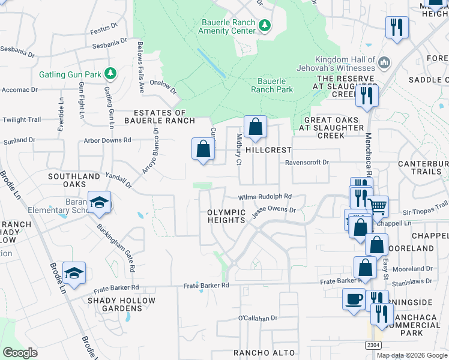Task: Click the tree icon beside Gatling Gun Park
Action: (x=110, y=74)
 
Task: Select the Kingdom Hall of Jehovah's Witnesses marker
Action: (x=385, y=62)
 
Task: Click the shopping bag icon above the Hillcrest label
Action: (x=255, y=127)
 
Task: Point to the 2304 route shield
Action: (x=373, y=345)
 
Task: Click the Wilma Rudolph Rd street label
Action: (x=265, y=196)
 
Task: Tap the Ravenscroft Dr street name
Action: (x=307, y=162)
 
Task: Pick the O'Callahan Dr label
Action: (x=258, y=318)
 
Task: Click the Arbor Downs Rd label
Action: (x=108, y=140)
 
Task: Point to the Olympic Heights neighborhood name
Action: (x=226, y=216)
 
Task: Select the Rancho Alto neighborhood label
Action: (x=258, y=352)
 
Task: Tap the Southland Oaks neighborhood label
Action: (x=74, y=181)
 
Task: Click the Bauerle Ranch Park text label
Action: (x=275, y=85)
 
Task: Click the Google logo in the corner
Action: (x=20, y=353)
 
